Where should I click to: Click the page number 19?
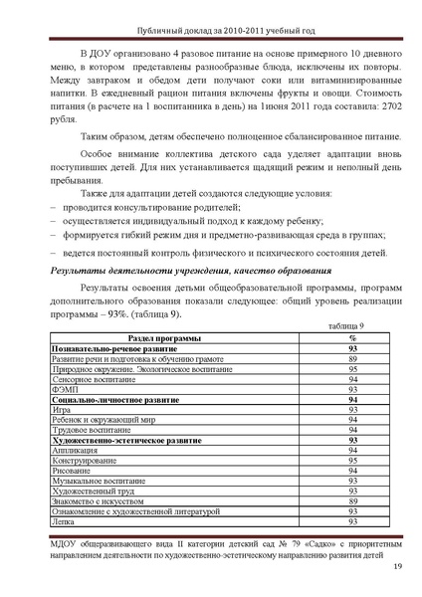point(396,567)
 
